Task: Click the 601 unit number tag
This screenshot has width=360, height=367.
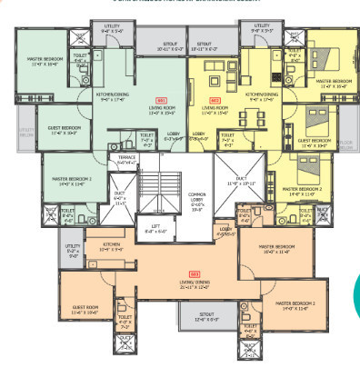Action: coord(160,99)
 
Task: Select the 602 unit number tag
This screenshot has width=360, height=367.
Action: coord(215,99)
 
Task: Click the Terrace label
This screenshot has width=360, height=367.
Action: coord(121,158)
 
